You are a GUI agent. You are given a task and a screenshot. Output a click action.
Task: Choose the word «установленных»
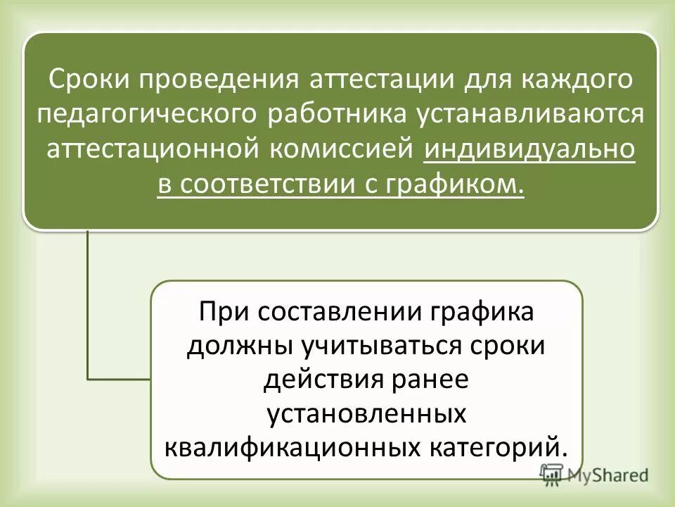coord(366,413)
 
